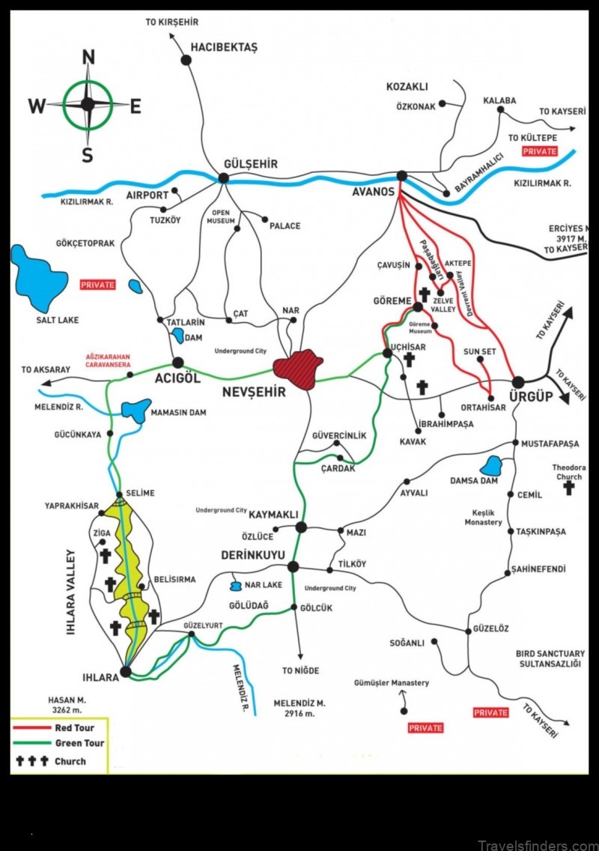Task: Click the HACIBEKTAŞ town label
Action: click(223, 47)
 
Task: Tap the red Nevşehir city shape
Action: click(298, 369)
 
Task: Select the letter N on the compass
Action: click(88, 57)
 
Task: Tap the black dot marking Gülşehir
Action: click(223, 178)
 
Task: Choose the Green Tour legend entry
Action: click(79, 743)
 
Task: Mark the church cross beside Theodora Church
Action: click(569, 488)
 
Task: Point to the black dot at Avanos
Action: click(401, 176)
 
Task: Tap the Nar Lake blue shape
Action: click(235, 585)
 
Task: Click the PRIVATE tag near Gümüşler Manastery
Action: click(425, 727)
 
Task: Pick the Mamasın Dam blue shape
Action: click(135, 410)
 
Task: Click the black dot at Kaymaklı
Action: click(301, 527)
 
